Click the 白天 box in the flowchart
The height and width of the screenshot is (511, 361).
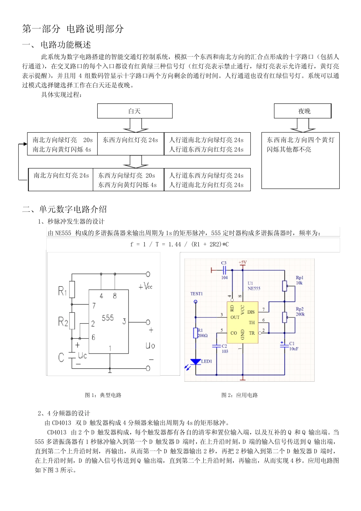tap(135, 111)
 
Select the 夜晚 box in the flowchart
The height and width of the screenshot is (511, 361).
tap(303, 111)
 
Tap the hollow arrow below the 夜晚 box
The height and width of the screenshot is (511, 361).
tap(303, 125)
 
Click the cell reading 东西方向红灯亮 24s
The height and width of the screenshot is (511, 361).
tap(130, 140)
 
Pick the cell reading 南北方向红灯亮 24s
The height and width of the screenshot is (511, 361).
tap(61, 176)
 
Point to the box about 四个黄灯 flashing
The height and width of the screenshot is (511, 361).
tap(300, 145)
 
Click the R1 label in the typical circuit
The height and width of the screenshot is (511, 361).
tap(62, 291)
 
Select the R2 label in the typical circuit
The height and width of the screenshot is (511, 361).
tap(63, 322)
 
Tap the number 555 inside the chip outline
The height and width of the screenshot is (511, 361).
tap(108, 318)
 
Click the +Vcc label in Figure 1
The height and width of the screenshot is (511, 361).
tap(146, 286)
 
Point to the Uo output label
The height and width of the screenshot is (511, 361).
tap(150, 345)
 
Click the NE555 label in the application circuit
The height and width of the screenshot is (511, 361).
tap(253, 288)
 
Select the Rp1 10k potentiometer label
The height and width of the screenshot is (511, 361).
tap(299, 280)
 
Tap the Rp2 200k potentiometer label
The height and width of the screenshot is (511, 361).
tap(300, 312)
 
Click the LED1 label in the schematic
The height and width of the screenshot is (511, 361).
tap(206, 361)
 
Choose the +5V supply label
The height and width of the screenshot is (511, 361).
tap(243, 262)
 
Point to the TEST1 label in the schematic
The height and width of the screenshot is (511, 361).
tap(196, 294)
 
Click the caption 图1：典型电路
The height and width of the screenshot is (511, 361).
tap(103, 395)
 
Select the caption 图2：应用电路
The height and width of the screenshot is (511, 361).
tap(239, 395)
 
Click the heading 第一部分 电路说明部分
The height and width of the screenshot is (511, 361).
tap(73, 29)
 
